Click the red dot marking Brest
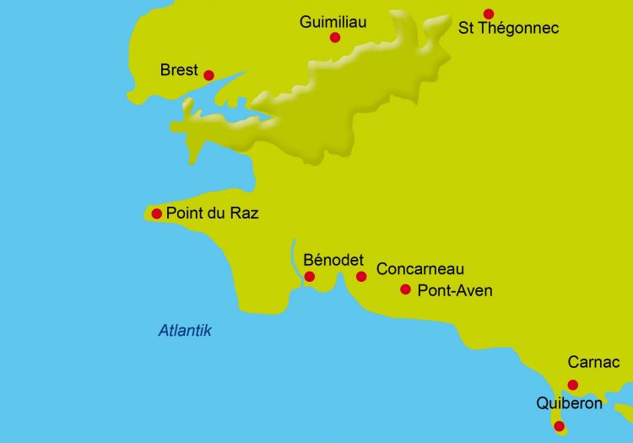[208, 75]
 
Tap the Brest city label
[179, 70]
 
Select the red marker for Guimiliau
[335, 37]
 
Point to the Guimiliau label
[333, 22]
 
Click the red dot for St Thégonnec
[489, 14]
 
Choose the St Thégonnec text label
[508, 29]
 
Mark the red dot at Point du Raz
[156, 213]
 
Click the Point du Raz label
[212, 213]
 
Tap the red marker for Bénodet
[310, 277]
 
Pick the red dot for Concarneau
[361, 277]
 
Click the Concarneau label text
[420, 269]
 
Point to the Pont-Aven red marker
[405, 289]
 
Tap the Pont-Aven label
[455, 291]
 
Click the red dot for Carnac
[573, 385]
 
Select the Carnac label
[593, 363]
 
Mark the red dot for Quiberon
[559, 426]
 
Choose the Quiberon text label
[569, 404]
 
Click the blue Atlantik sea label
[185, 331]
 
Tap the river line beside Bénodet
[293, 257]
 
